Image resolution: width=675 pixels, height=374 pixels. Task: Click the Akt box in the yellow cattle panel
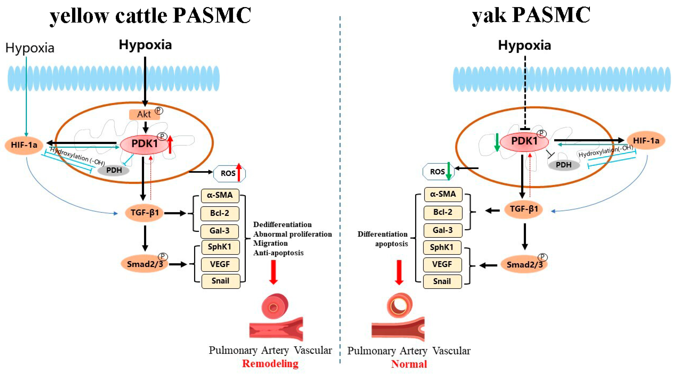[144, 114]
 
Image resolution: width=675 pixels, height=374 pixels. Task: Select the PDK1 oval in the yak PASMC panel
[524, 142]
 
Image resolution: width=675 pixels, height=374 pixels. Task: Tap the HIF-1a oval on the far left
[24, 145]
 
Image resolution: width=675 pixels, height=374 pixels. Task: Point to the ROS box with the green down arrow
[438, 172]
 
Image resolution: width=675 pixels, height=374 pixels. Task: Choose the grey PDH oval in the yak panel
[564, 165]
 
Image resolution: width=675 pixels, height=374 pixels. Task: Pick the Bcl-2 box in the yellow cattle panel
[220, 213]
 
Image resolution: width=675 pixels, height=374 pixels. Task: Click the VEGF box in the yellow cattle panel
[220, 264]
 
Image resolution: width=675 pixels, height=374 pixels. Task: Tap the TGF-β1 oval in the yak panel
[523, 209]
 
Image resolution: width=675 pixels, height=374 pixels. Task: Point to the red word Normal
[409, 364]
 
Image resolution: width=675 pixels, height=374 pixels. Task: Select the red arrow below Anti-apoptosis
[273, 272]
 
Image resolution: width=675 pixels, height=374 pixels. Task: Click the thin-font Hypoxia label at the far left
[30, 48]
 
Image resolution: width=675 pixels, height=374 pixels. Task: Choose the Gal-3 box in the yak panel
[443, 230]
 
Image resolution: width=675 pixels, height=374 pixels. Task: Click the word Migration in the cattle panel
[270, 243]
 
